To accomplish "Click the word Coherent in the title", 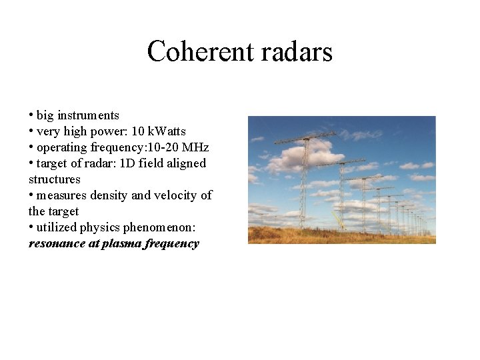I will click(x=194, y=51).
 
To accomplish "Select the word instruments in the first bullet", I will click(x=88, y=115).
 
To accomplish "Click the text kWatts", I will click(x=167, y=131).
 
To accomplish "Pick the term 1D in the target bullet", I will click(x=127, y=163).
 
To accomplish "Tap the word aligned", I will click(x=186, y=163).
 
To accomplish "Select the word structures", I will click(x=55, y=179).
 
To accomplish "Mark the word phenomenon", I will click(x=163, y=227).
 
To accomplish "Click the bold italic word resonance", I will click(x=57, y=243).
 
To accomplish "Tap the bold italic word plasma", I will click(x=119, y=243).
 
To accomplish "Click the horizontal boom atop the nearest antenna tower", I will click(x=305, y=138).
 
